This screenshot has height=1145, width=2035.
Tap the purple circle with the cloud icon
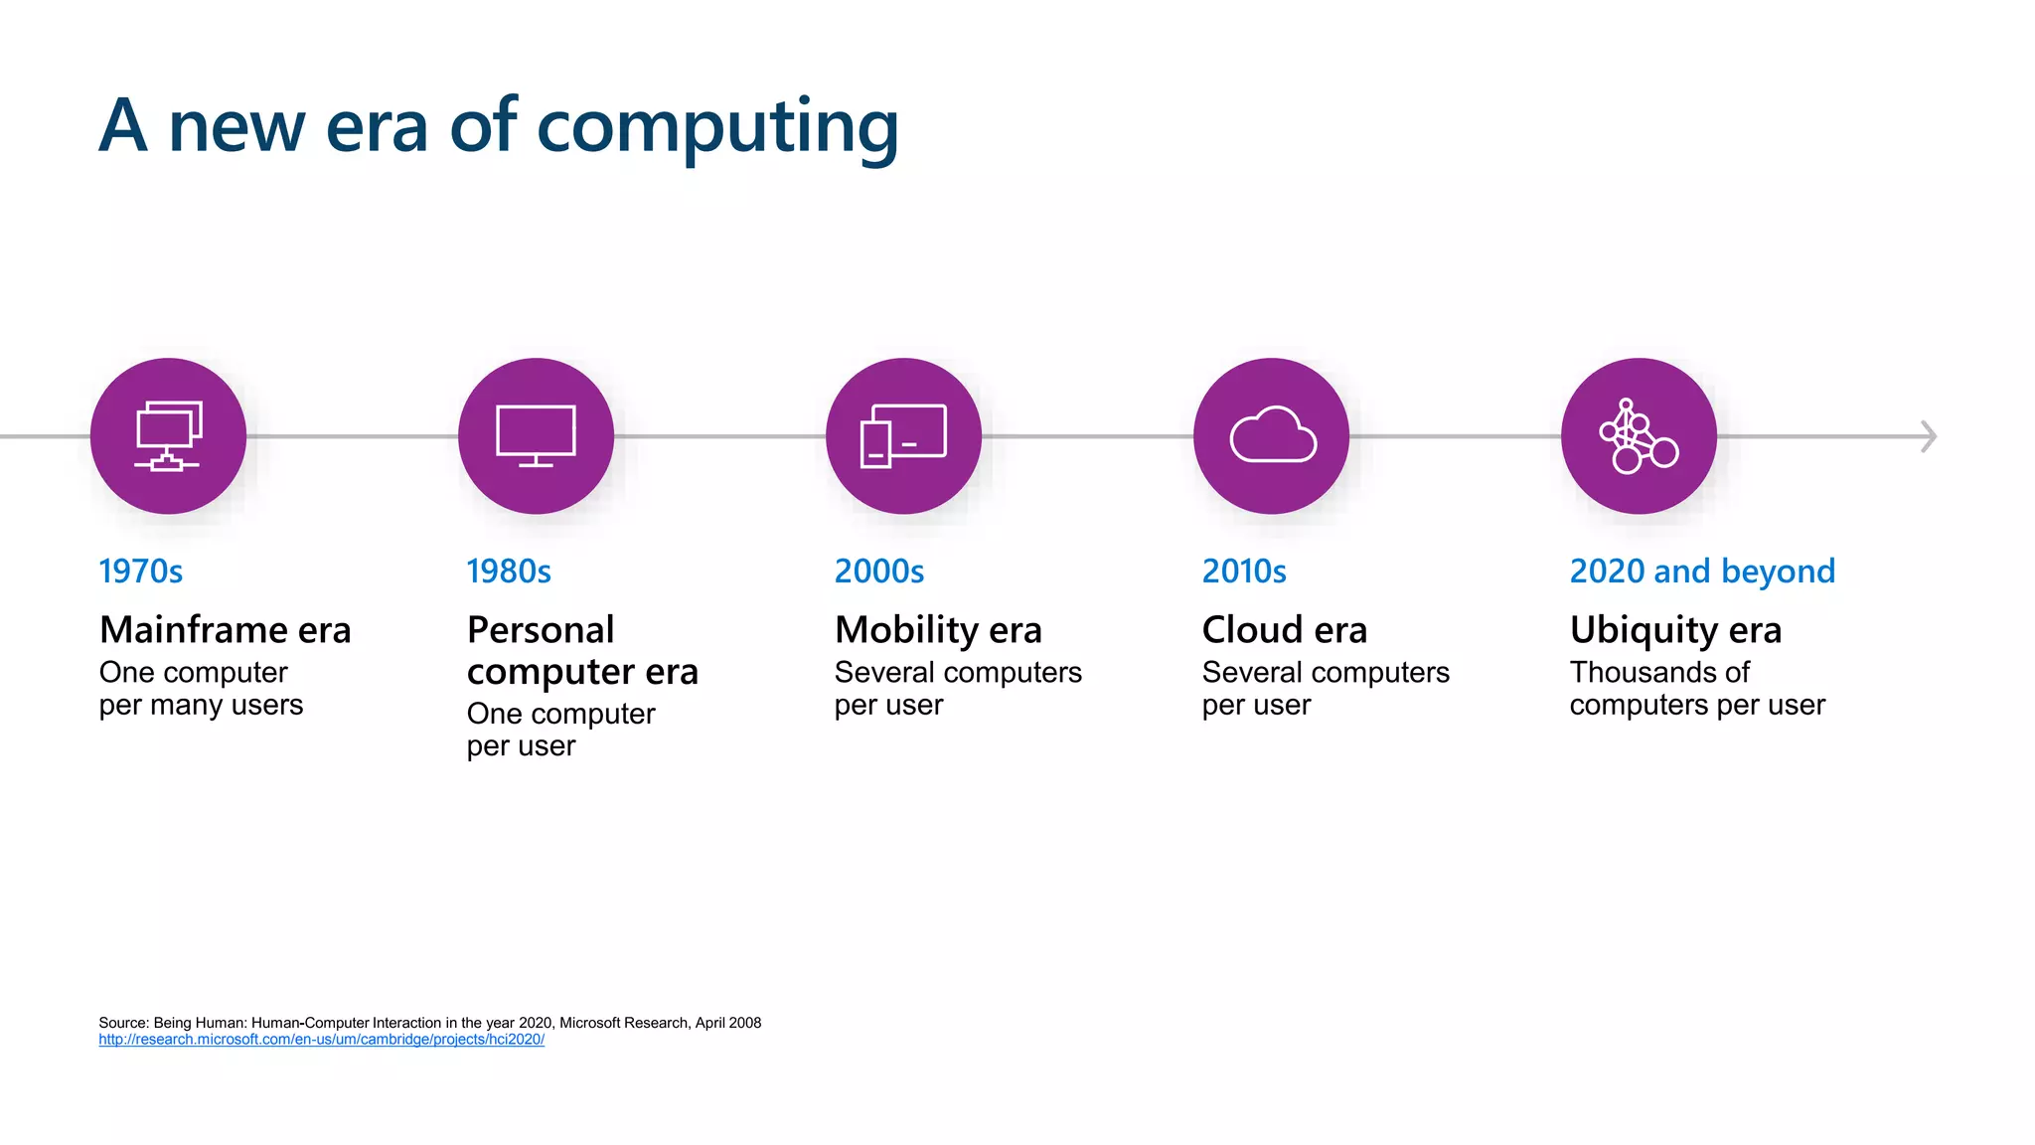pos(1271,436)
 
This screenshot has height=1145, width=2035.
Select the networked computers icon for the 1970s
pos(168,436)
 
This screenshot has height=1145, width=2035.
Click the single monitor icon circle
pos(536,436)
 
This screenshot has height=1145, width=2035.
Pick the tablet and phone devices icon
pos(903,436)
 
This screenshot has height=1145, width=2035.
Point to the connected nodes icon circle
pos(1639,436)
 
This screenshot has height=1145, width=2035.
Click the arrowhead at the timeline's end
pos(1928,436)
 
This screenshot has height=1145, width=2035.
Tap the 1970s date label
pos(141,572)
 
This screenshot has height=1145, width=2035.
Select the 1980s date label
pos(509,572)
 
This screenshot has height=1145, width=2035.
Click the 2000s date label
pos(879,572)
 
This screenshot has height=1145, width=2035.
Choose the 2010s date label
pos(1244,572)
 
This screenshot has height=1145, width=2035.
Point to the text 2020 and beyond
pos(1702,572)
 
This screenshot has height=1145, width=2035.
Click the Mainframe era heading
pos(226,630)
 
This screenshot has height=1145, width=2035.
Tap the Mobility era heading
pos(938,630)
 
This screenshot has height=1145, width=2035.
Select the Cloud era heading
pos(1285,630)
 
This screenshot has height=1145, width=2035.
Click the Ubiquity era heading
pos(1675,630)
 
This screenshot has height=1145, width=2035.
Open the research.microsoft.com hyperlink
pos(321,1040)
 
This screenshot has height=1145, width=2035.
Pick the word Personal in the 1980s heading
pos(541,630)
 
